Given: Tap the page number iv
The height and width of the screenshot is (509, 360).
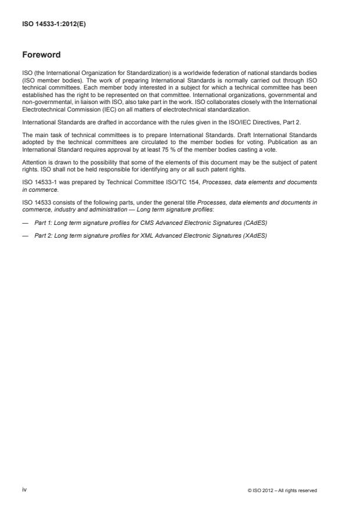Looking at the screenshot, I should click(24, 490).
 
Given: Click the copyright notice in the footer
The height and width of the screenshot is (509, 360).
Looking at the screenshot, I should click(282, 490).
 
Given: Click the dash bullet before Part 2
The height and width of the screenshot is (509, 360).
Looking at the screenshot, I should click(25, 235).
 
